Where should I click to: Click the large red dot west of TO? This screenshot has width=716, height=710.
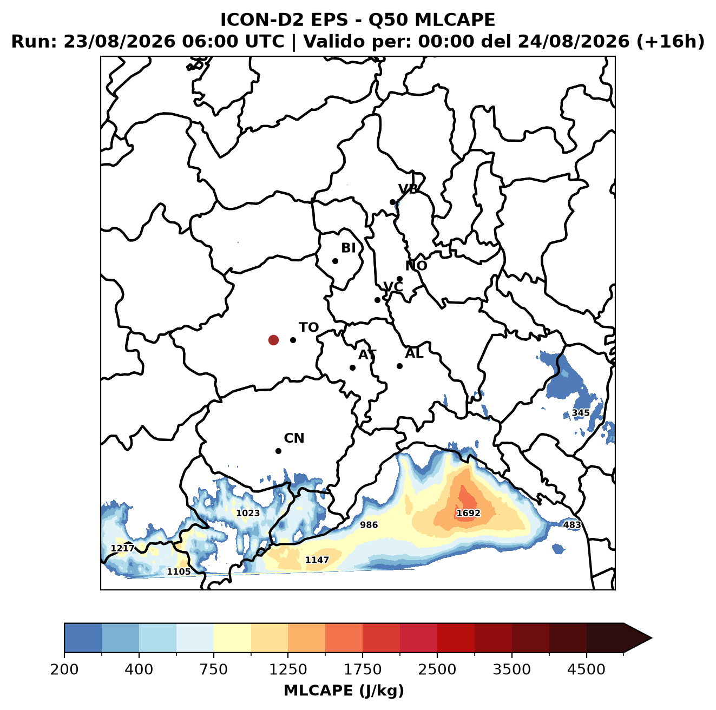[273, 340]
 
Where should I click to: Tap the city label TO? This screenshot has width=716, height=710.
[309, 327]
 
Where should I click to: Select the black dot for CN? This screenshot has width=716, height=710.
[278, 451]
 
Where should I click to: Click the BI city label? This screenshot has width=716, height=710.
[348, 248]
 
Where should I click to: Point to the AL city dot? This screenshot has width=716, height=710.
[399, 366]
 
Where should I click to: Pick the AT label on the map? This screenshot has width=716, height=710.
[367, 355]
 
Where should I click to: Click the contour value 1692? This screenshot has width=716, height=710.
[468, 513]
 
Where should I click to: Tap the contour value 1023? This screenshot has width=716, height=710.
[248, 513]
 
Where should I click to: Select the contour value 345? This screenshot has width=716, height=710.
[580, 413]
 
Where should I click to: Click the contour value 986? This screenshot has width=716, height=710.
[369, 524]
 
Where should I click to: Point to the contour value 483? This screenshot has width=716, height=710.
[572, 524]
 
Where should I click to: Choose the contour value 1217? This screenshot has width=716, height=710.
[123, 548]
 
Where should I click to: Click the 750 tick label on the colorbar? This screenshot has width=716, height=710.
[213, 670]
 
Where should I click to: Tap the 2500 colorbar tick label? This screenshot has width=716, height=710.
[437, 670]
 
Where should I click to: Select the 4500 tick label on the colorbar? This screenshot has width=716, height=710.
[586, 670]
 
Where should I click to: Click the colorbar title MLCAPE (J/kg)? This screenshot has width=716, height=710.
[344, 691]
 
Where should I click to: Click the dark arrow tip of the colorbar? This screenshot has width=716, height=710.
[651, 638]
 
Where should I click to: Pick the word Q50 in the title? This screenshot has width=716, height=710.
[388, 20]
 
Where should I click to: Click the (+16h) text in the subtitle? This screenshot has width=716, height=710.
[671, 42]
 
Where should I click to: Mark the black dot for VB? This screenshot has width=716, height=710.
[393, 202]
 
